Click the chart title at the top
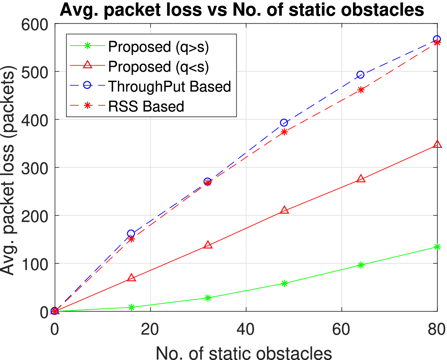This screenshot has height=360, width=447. tap(242, 10)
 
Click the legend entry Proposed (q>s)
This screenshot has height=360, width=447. tap(158, 47)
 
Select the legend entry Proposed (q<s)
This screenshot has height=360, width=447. tap(158, 67)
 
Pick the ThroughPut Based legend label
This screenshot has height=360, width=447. tap(169, 86)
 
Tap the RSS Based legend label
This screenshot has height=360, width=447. tap(146, 106)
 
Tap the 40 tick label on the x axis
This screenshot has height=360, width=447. tap(246, 330)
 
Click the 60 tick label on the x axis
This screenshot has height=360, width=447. tap(342, 330)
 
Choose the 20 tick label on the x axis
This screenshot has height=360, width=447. tap(150, 330)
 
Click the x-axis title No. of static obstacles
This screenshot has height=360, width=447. tap(244, 352)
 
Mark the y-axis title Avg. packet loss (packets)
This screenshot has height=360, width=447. tap(8, 170)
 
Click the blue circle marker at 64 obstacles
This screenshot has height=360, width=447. tap(361, 75)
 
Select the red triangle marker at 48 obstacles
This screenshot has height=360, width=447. tap(284, 210)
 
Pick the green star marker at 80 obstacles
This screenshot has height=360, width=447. tap(437, 247)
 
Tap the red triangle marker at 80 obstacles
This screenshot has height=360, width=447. tap(437, 144)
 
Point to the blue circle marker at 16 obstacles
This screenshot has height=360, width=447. tap(131, 234)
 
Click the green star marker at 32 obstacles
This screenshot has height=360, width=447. tap(208, 298)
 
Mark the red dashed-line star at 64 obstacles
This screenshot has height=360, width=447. tap(361, 90)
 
